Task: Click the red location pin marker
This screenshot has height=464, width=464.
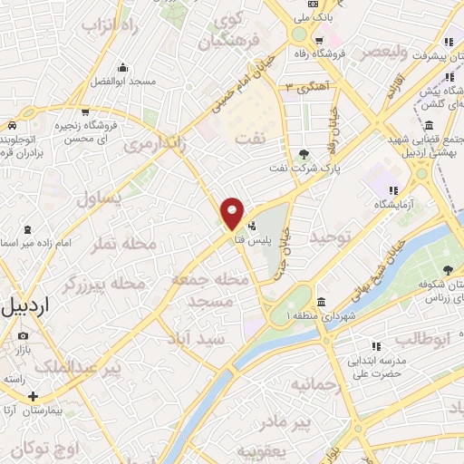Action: [x=233, y=214]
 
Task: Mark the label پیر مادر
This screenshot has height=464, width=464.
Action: [x=283, y=421]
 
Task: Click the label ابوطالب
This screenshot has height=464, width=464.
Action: [x=421, y=340]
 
